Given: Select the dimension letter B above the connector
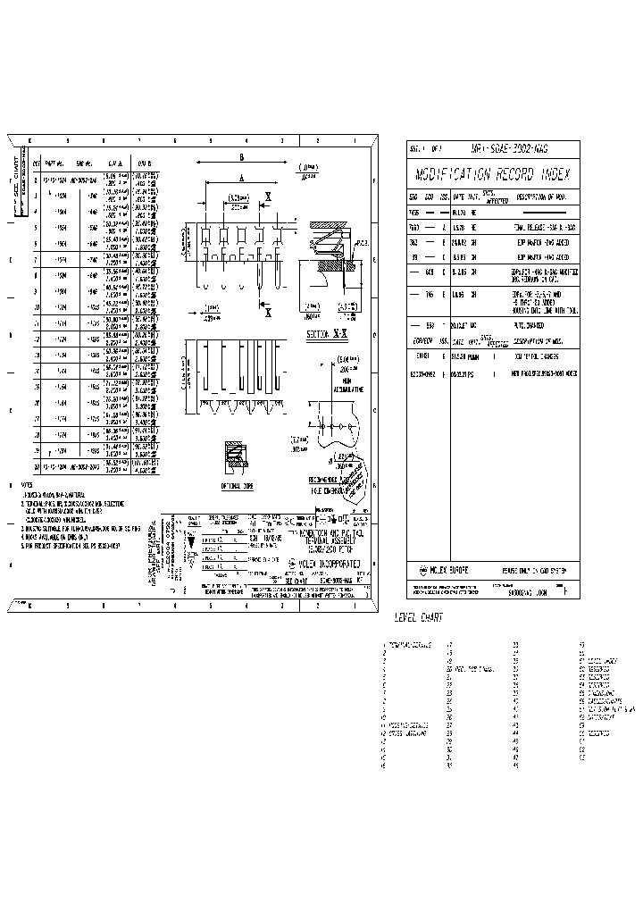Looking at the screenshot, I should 241,157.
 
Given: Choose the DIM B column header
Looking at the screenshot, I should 145,164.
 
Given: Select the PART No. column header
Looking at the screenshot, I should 55,164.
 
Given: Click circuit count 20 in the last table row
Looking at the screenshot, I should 37,467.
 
